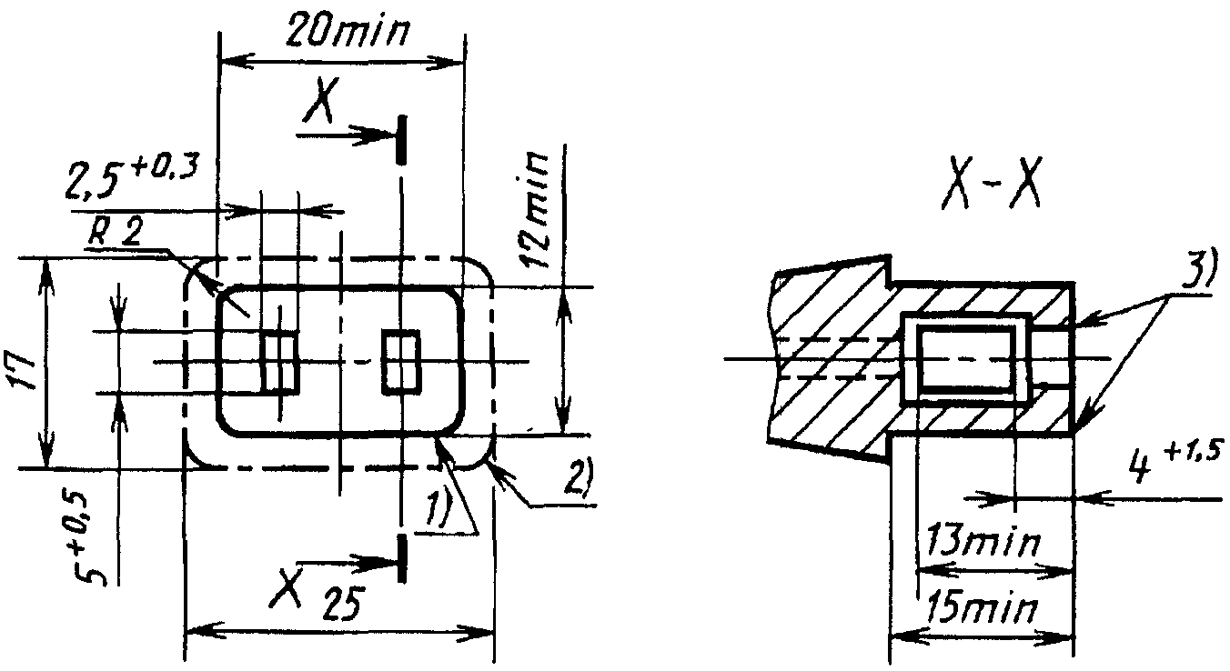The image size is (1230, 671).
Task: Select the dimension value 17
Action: click(x=23, y=370)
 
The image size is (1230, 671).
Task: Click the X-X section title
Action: click(x=990, y=188)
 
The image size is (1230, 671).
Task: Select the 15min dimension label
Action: click(x=981, y=608)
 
